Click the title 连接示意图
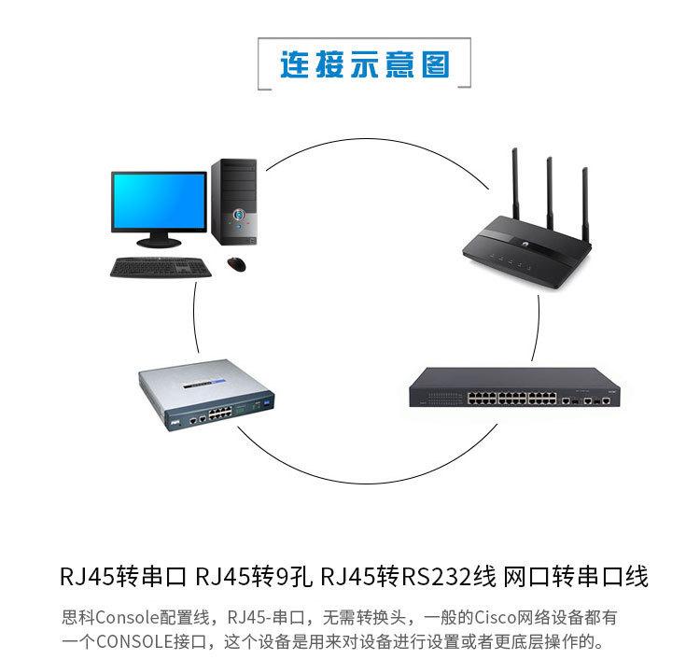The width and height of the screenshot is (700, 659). pos(364,65)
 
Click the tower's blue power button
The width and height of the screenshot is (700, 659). pos(239,213)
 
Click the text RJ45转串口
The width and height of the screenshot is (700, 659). pos(123,576)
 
